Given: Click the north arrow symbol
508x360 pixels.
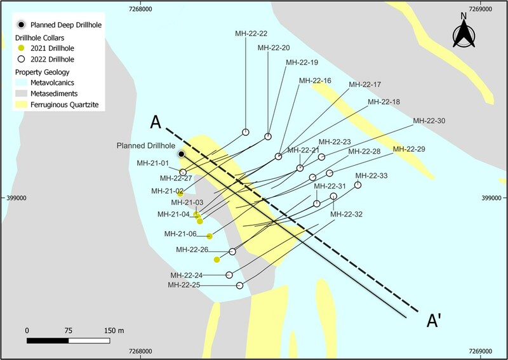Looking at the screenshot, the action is click(x=464, y=33).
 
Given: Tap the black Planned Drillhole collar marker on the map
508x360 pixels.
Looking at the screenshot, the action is click(x=182, y=154).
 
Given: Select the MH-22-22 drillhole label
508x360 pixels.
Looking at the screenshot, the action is click(x=251, y=34).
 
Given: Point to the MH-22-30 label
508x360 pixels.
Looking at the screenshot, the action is click(x=429, y=121).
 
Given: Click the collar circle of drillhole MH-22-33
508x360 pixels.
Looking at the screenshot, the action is click(x=358, y=185).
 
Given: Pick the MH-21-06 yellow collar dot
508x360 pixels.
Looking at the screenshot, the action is click(x=210, y=236).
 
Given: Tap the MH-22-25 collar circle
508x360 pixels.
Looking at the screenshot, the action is click(x=239, y=286).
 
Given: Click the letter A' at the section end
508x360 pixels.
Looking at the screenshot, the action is click(x=434, y=321).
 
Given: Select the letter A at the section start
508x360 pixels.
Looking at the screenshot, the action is click(x=156, y=123).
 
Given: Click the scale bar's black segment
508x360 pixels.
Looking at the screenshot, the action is click(x=48, y=340).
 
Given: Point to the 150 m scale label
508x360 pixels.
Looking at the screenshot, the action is click(x=114, y=331).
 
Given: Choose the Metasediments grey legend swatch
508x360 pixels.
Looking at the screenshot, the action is click(x=22, y=93).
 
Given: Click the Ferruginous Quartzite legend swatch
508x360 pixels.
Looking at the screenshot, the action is click(x=22, y=105).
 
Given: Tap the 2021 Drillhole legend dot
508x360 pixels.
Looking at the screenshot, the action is click(x=22, y=48).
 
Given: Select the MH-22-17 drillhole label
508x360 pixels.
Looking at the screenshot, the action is click(x=364, y=84).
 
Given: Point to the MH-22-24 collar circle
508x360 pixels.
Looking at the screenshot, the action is click(x=229, y=275).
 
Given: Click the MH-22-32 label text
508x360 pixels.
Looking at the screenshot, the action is click(x=346, y=214).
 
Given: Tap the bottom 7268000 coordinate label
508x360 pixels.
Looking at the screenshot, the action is click(x=140, y=351).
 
